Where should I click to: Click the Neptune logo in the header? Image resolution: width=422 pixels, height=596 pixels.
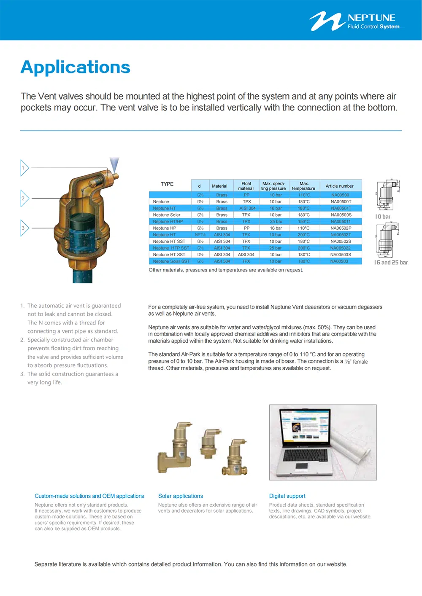354,21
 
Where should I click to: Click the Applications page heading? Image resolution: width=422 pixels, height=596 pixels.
76,67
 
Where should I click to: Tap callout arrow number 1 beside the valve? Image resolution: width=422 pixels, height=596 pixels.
24,168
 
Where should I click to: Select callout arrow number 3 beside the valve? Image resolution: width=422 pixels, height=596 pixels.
24,228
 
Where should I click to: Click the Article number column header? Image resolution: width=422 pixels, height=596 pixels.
339,186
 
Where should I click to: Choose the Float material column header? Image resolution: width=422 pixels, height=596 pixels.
246,186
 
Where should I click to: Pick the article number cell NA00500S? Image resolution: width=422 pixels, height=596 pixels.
341,215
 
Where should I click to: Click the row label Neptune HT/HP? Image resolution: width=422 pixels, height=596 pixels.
168,222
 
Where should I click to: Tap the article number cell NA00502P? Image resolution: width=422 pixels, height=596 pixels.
341,228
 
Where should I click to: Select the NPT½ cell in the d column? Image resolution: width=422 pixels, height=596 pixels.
200,235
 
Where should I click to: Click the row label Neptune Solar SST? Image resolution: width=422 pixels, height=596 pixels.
171,261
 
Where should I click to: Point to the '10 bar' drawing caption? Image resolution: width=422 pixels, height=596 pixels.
383,217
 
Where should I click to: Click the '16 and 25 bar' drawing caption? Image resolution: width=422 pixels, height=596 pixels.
391,263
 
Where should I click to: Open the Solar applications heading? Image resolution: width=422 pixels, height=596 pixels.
180,496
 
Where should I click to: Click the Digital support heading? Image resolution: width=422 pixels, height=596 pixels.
287,496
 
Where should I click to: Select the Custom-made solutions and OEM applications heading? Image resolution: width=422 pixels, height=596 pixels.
89,496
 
